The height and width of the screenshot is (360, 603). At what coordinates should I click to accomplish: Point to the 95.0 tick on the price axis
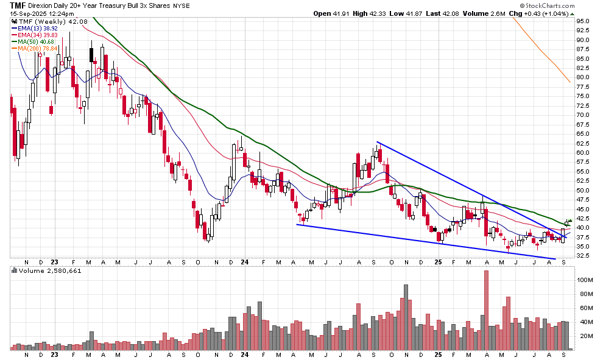pos(583,21)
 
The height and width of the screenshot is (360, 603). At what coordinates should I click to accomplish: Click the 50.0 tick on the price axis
pos(583,190)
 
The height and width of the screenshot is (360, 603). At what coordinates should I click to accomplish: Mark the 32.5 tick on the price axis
pos(583,256)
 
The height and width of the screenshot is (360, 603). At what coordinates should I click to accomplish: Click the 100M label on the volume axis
pos(585,280)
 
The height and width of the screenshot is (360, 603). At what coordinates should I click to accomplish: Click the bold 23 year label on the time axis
pos(55,354)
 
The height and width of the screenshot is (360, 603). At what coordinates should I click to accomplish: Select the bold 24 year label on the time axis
pos(244,354)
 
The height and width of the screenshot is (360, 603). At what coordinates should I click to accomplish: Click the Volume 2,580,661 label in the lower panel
pos(46,270)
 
